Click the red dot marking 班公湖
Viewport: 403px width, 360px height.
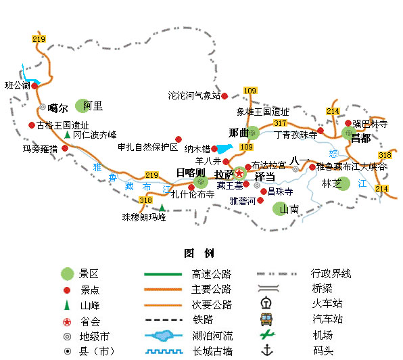point(34,86)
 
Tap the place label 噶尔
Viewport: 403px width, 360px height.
point(58,108)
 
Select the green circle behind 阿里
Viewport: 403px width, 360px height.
point(82,106)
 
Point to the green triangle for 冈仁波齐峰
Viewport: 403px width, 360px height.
point(68,135)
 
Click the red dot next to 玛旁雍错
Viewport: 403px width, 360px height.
point(65,148)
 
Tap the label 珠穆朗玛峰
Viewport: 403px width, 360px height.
point(144,217)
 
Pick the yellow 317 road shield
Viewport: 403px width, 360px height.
point(280,123)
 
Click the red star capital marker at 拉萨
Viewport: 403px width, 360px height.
point(239,173)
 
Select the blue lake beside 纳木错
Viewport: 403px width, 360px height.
point(224,149)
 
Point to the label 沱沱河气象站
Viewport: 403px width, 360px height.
point(194,95)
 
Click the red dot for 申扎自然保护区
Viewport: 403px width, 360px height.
point(179,139)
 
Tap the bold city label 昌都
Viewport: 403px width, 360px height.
point(360,139)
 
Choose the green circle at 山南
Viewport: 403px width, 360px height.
point(280,208)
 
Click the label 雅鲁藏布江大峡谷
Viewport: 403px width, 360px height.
point(351,166)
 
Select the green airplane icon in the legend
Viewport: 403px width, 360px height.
point(267,334)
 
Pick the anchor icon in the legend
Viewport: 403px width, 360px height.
point(267,350)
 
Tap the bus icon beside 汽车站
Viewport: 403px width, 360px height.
point(266,319)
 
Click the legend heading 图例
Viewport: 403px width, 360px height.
point(199,253)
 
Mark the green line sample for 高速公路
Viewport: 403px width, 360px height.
point(163,274)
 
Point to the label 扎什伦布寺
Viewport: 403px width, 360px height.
point(193,194)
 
